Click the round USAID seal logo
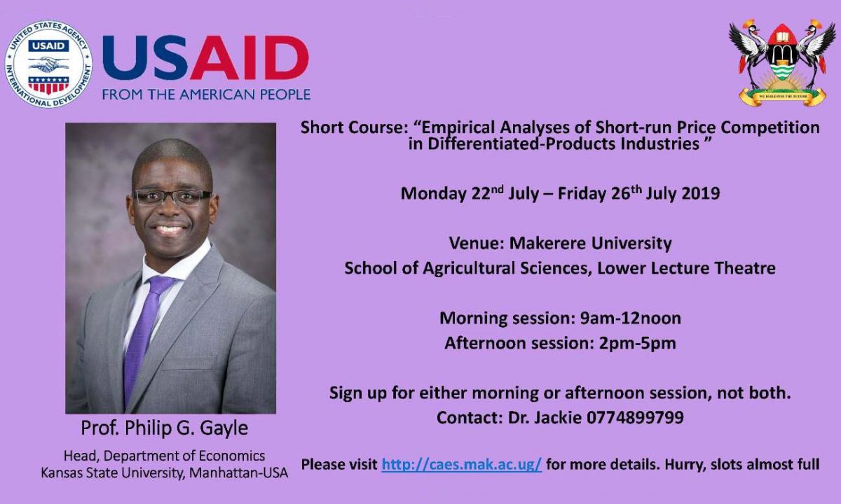tap(48, 64)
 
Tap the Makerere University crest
tap(782, 62)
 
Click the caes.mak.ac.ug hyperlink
tap(462, 464)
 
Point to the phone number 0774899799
tap(635, 417)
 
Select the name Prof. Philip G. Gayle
tap(165, 428)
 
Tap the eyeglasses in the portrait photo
tap(172, 197)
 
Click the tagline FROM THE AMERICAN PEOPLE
tap(206, 94)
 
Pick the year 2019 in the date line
tap(701, 193)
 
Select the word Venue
tap(474, 244)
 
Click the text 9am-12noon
tap(630, 318)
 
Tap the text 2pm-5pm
tap(638, 344)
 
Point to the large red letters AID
tap(249, 57)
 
